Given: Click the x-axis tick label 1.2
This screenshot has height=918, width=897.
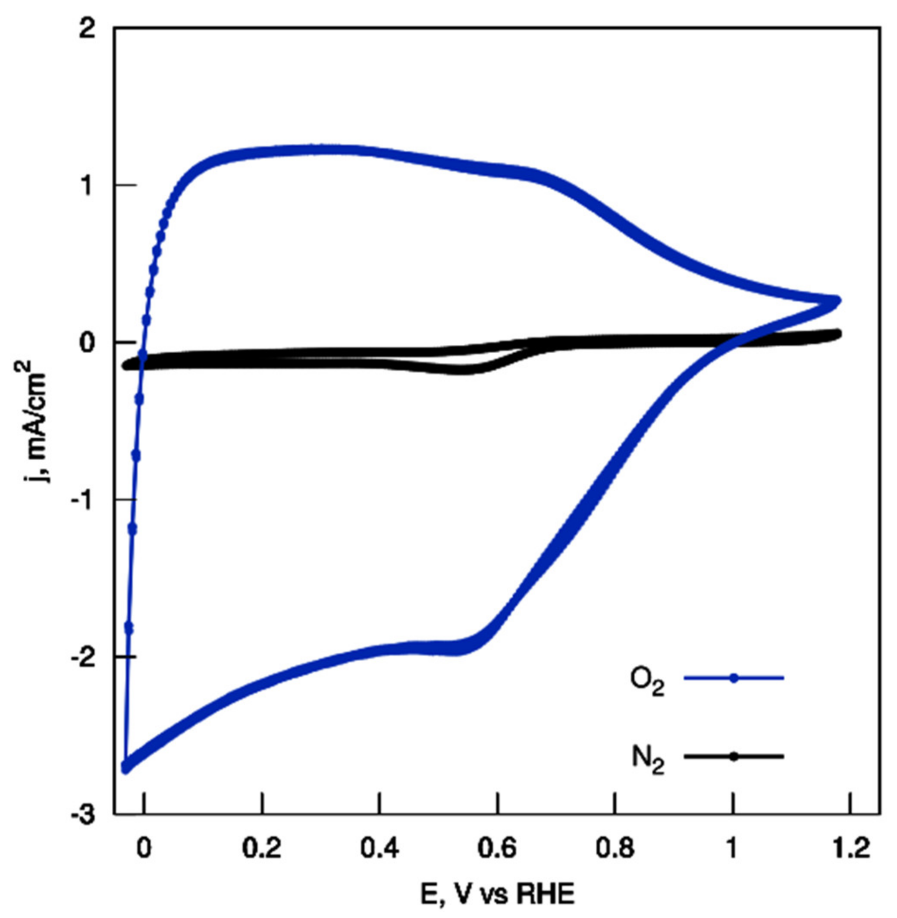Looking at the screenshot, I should [x=850, y=850].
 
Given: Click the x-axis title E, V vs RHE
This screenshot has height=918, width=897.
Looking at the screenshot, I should [x=498, y=894].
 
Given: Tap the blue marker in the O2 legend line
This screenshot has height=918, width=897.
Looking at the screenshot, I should [x=734, y=678].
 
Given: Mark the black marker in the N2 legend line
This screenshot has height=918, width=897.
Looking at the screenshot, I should [x=734, y=756].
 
